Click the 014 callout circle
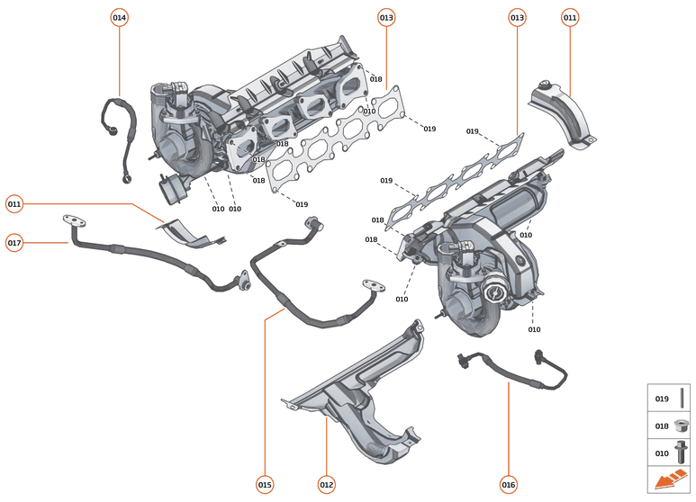(120, 17)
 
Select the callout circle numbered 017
(14, 243)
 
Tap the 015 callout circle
(265, 485)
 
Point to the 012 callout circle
(326, 485)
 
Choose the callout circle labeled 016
(509, 485)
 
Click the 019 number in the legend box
(662, 399)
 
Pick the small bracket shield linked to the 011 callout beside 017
(191, 233)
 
